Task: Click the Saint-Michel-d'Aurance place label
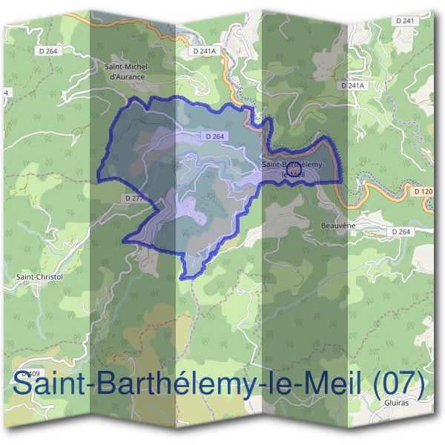(129, 70)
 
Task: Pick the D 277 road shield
(134, 198)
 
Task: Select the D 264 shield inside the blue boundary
(214, 136)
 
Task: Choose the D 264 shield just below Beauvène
(400, 231)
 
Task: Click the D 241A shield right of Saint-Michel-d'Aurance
(203, 51)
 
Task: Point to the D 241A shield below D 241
(353, 86)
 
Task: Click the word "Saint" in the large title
(49, 386)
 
